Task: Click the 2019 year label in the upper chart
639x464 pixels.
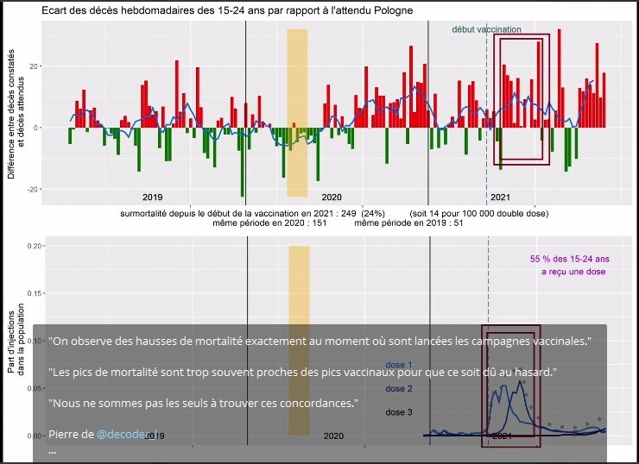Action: tap(153, 196)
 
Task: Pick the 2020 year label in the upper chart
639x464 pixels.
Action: tap(332, 196)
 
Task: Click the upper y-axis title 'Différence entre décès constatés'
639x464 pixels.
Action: tap(11, 116)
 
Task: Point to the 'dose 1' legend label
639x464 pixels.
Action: tap(398, 364)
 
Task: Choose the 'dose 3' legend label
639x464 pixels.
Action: tap(398, 412)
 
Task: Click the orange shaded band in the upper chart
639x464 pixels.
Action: tap(297, 112)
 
